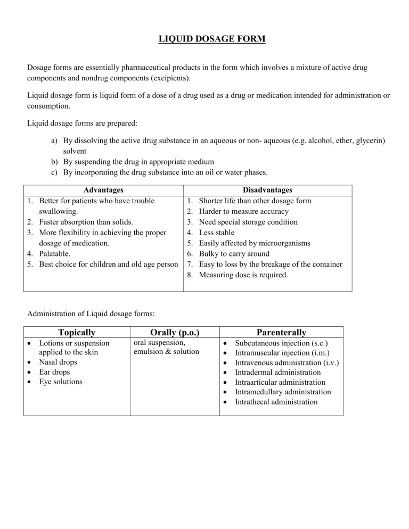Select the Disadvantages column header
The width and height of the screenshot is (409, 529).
coord(267,190)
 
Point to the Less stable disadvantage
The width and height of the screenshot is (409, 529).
coord(216,233)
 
